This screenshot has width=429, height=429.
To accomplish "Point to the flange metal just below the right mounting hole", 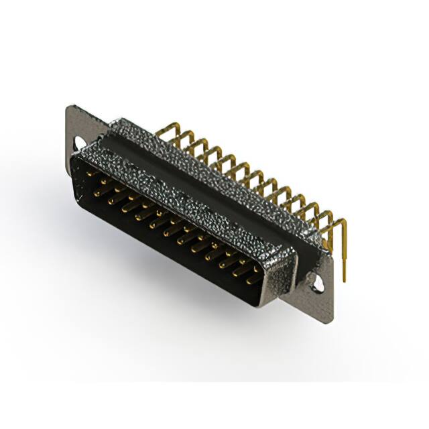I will [320, 305].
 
